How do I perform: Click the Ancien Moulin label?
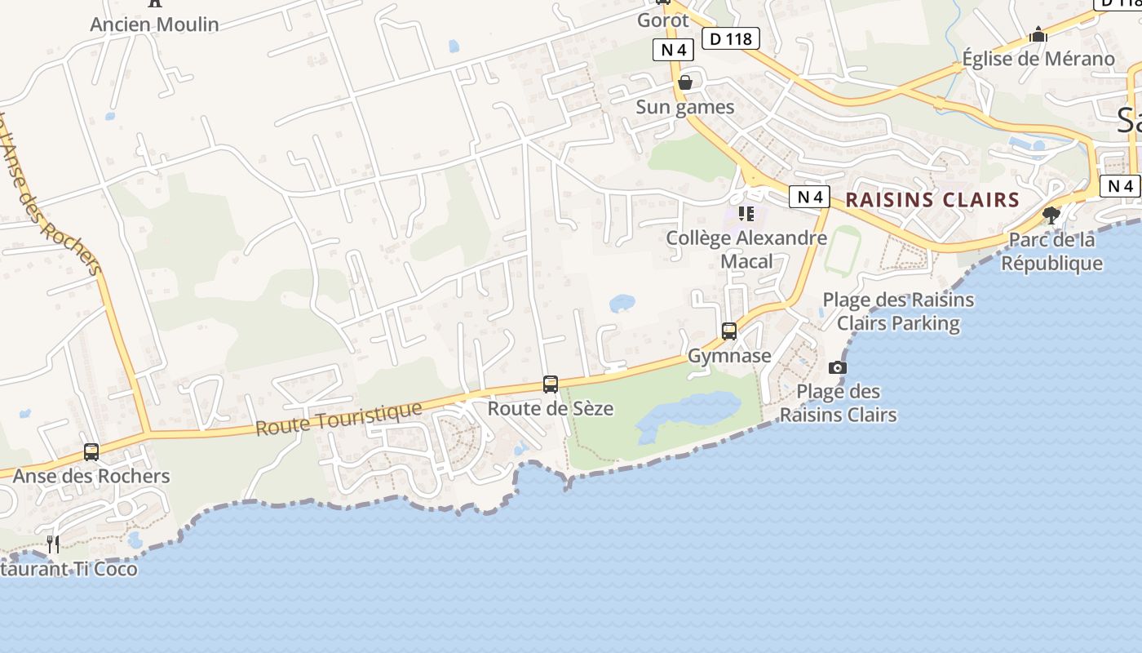154,24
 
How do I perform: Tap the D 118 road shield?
730,38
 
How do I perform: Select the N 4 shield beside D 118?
673,50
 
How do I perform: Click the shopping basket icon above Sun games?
685,83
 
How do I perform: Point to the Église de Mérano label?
1038,59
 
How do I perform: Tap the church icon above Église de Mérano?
1038,35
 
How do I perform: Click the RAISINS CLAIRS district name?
932,200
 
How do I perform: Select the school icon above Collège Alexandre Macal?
746,214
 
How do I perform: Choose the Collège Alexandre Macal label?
746,249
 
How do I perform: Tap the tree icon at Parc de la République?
1051,215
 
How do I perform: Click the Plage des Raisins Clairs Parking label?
898,311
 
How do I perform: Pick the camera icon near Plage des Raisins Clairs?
837,368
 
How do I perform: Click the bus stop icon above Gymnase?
729,331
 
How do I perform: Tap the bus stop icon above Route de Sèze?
551,384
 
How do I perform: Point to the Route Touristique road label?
339,419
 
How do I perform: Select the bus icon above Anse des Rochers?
91,452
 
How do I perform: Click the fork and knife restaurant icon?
53,544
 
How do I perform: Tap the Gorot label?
662,20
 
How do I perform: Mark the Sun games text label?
685,107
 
